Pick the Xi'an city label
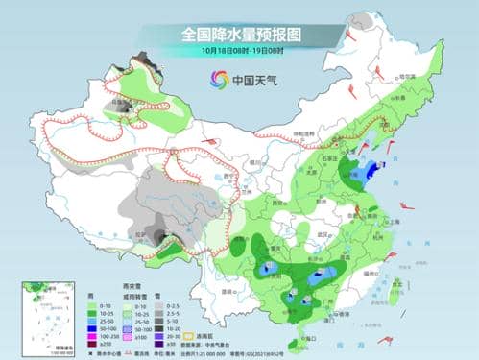279,204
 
